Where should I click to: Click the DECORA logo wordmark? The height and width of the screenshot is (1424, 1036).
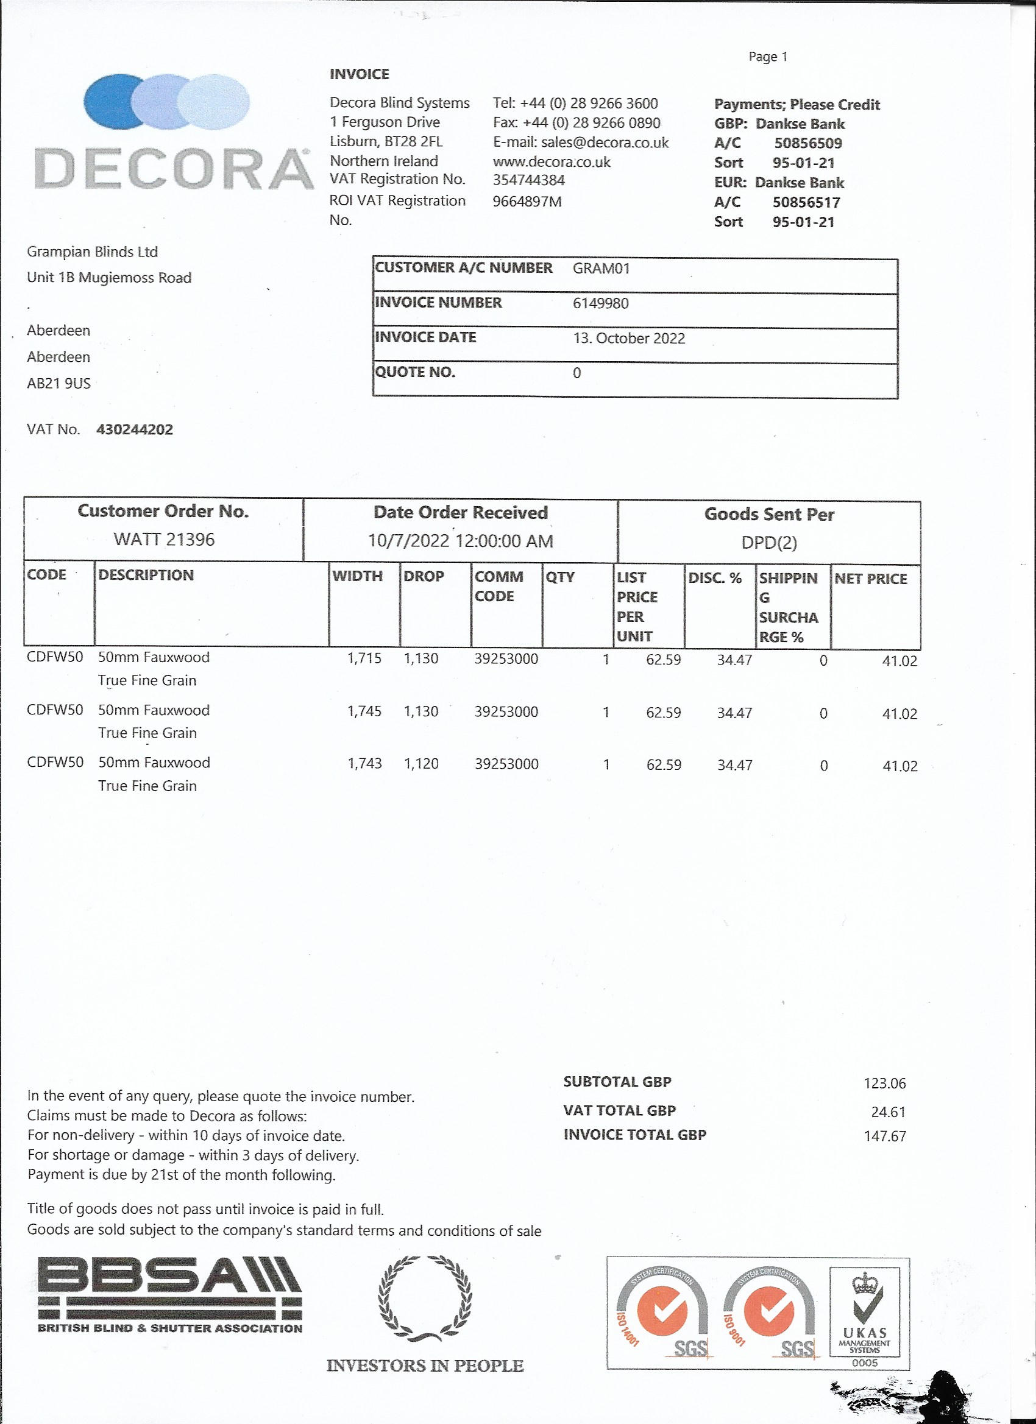pos(174,168)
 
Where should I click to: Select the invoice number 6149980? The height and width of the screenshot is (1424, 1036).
pos(600,303)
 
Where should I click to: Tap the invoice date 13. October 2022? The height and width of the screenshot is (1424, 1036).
pos(628,339)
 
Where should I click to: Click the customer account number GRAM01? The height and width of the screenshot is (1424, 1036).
pos(601,269)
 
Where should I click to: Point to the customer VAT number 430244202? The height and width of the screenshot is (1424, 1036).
pos(135,429)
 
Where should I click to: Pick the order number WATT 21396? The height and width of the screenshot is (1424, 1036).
pos(164,540)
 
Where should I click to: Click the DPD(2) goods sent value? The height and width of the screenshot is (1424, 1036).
pos(769,543)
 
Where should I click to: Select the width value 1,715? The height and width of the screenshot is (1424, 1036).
pos(364,658)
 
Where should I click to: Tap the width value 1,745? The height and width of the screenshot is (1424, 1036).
pos(364,711)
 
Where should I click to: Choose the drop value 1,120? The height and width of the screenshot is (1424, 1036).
pos(421,764)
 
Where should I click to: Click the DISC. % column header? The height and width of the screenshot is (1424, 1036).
pos(714,577)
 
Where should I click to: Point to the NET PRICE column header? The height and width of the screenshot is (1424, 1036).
pos(870,579)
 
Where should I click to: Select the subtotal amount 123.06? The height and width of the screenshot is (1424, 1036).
pos(885,1083)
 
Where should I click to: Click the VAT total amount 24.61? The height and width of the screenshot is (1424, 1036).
pos(888,1112)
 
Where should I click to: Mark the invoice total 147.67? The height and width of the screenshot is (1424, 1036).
pos(885,1136)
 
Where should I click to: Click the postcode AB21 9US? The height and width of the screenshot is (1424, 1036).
pos(59,384)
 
